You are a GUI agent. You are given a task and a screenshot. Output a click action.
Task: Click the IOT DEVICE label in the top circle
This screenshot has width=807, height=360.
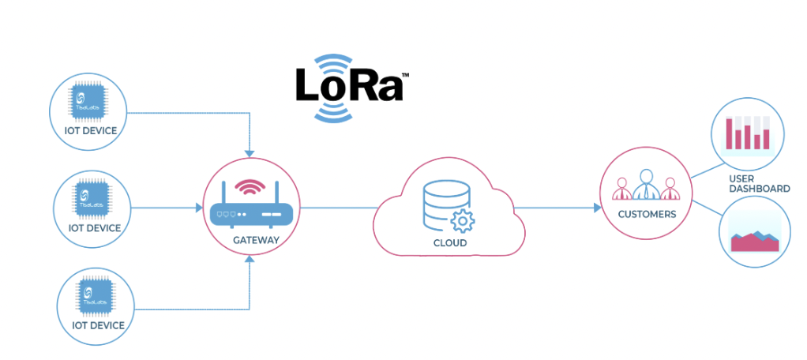[x=89, y=130]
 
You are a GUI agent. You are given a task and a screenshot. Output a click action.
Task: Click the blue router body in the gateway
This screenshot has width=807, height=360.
[x=250, y=213]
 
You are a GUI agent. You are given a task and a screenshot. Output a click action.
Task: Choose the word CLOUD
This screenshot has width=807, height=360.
[x=449, y=243]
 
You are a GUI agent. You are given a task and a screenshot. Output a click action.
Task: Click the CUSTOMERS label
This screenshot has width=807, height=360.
[x=647, y=214]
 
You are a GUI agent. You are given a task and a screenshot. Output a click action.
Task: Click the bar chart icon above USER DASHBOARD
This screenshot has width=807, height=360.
[x=748, y=133]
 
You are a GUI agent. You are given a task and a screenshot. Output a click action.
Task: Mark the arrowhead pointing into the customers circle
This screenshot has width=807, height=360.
[x=596, y=208]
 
